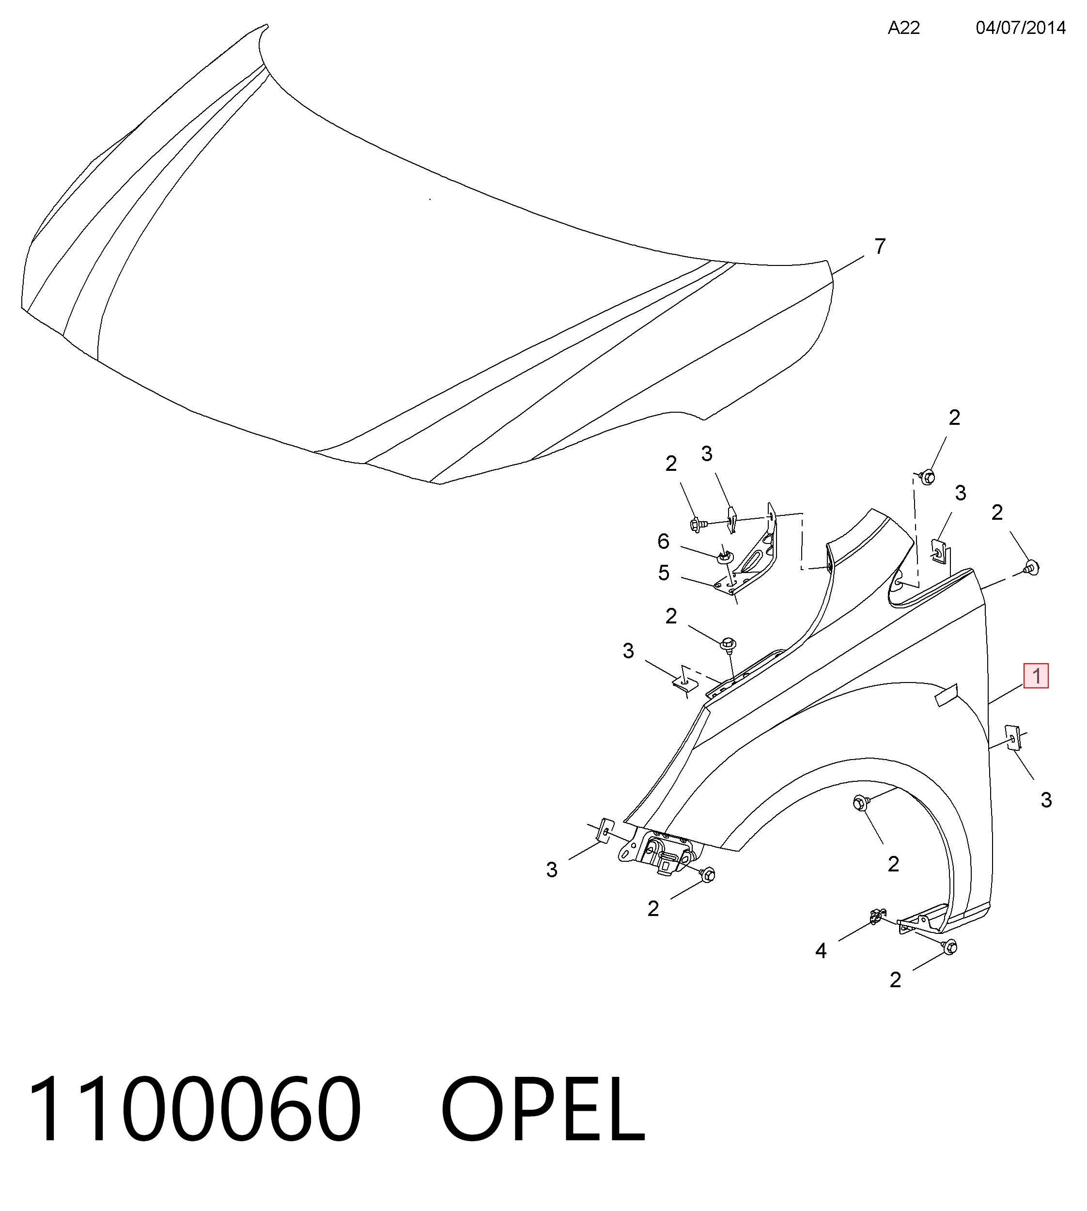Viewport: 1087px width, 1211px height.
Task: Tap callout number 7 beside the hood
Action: [880, 246]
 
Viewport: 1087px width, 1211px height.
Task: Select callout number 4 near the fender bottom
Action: [821, 951]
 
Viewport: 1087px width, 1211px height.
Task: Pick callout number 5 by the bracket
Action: [664, 573]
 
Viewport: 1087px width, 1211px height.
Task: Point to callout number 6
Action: [664, 541]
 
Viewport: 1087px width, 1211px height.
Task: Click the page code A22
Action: [903, 28]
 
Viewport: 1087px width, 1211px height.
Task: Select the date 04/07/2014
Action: [1021, 28]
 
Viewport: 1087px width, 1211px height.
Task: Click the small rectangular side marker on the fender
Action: [946, 695]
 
